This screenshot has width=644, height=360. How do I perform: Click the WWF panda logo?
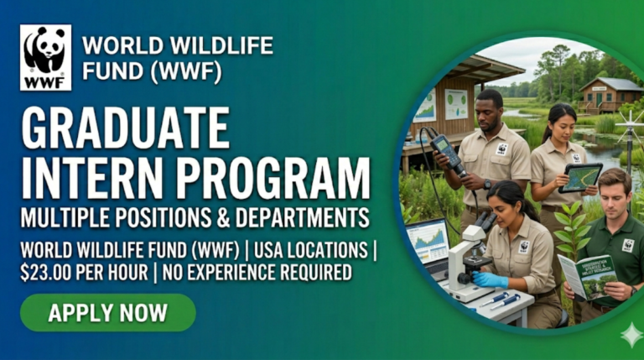45,57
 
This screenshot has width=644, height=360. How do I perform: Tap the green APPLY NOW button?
107,313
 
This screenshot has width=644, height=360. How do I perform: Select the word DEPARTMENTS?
305,217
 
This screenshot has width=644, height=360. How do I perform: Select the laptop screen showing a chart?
427,242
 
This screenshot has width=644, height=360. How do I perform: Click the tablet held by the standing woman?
581,177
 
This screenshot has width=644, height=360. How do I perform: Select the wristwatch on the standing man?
487,184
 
